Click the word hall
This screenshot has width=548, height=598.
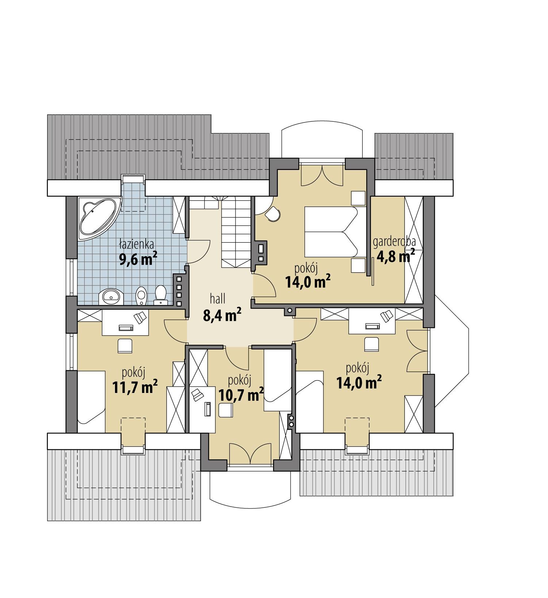coord(218,299)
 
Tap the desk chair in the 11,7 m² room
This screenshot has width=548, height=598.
coord(125,345)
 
